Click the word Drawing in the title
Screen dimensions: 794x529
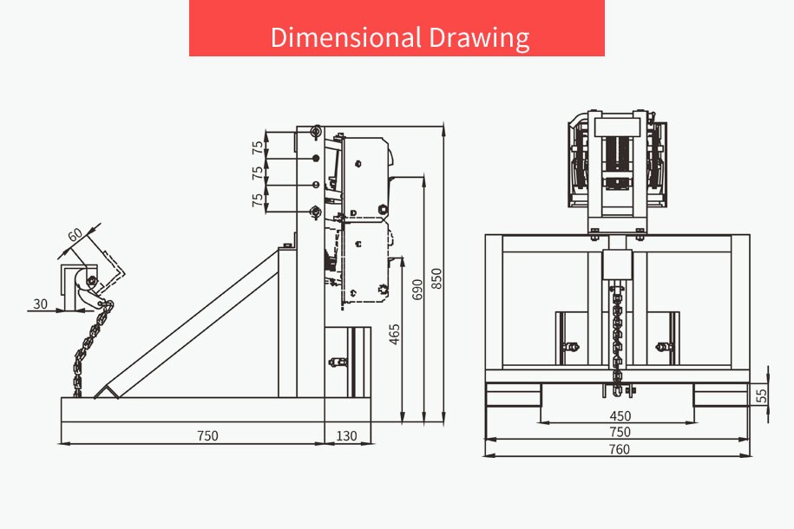click(480, 38)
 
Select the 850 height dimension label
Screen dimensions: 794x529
click(436, 279)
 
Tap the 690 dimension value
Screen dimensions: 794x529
click(417, 290)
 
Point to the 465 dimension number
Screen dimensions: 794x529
click(395, 335)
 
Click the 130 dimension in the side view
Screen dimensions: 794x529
click(346, 436)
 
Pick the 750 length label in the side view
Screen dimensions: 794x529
click(207, 436)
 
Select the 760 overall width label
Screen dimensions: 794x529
click(620, 449)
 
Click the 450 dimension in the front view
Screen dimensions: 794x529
click(620, 416)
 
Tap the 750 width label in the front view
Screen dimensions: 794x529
click(620, 433)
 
